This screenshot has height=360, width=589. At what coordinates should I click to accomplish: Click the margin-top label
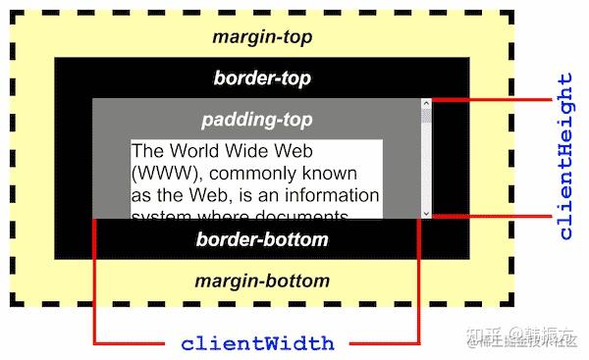click(x=261, y=37)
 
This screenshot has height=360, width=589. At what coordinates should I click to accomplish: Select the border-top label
click(x=261, y=77)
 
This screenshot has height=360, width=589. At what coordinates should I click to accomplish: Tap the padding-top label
click(x=256, y=120)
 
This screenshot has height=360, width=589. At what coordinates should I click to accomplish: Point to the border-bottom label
click(x=262, y=239)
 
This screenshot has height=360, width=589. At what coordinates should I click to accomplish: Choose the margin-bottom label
click(x=261, y=282)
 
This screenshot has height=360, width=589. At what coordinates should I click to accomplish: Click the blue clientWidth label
click(x=257, y=344)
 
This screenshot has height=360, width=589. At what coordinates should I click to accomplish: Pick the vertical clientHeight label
click(x=565, y=157)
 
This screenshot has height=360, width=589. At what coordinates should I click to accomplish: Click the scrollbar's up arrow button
click(x=426, y=103)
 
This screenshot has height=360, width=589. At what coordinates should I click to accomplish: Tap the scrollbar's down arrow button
click(x=426, y=212)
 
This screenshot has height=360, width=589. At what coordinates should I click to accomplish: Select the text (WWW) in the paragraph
click(x=158, y=173)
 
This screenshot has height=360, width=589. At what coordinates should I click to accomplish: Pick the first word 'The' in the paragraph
click(x=146, y=152)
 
